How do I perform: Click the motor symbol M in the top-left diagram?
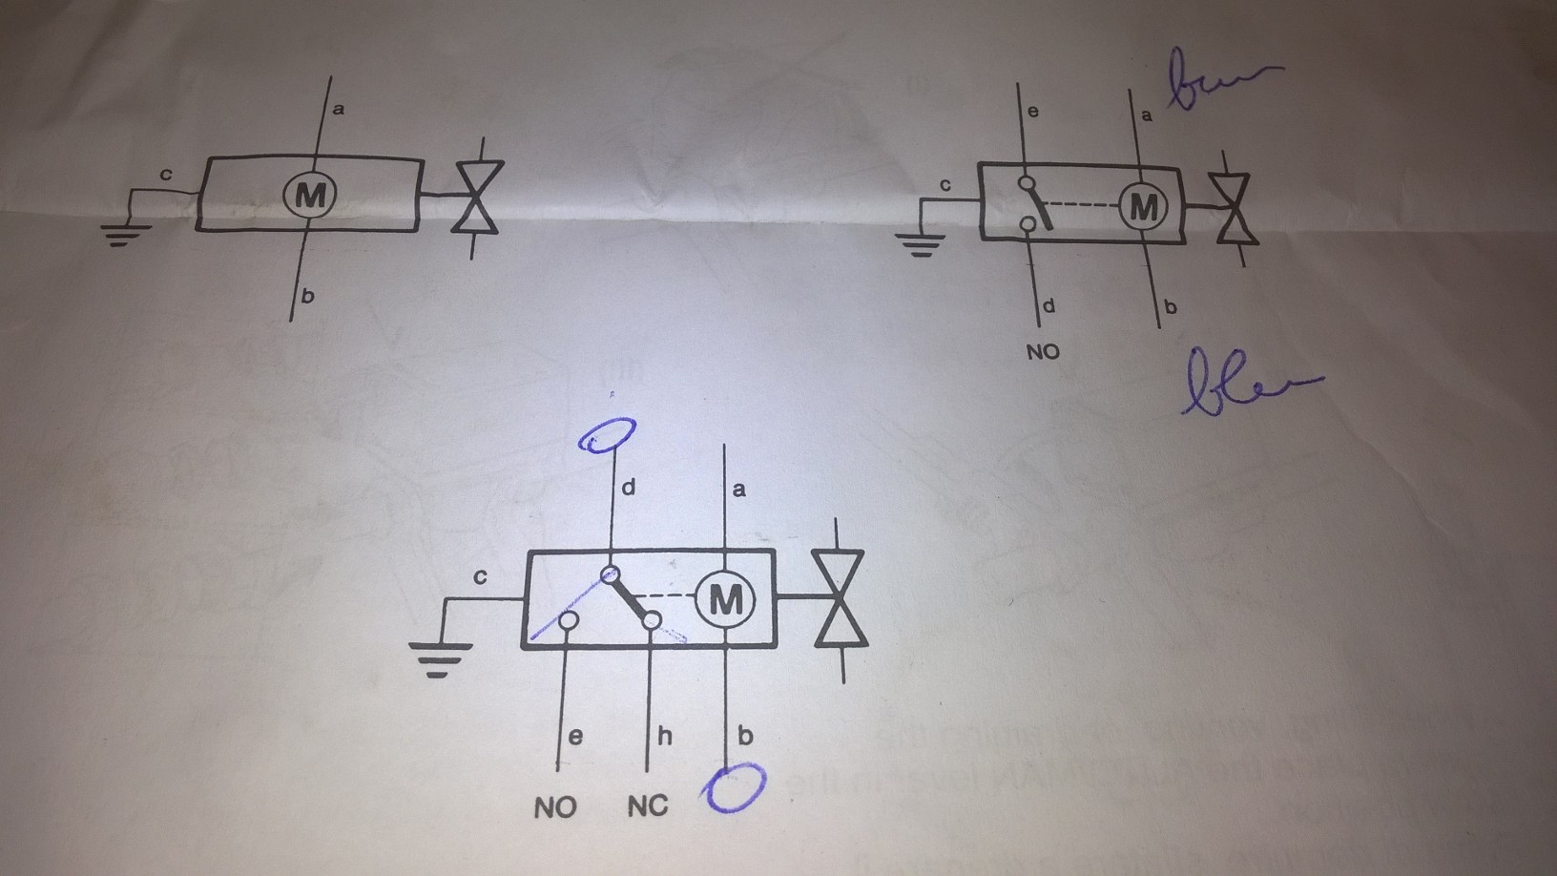tap(309, 196)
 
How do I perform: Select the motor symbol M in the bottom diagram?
tap(725, 600)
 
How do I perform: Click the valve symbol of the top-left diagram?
tap(477, 197)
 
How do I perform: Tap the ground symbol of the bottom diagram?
tap(440, 657)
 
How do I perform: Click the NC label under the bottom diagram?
tap(648, 807)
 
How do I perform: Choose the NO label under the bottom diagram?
tap(555, 808)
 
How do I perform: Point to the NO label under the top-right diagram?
tap(1043, 352)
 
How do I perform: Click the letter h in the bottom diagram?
tap(664, 736)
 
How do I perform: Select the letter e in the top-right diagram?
tap(1032, 112)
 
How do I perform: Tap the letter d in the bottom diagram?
tap(628, 488)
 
